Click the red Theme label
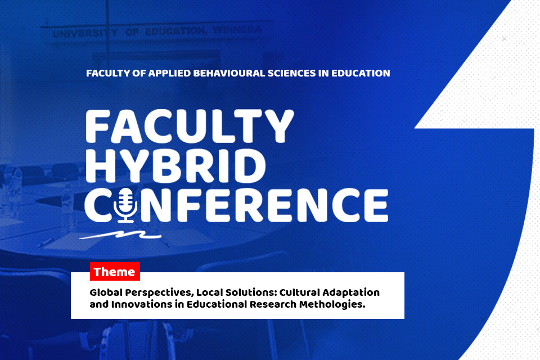click(x=115, y=272)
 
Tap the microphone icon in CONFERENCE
click(x=125, y=205)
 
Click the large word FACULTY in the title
click(x=190, y=127)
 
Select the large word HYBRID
click(x=175, y=167)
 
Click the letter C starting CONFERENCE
click(x=98, y=205)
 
